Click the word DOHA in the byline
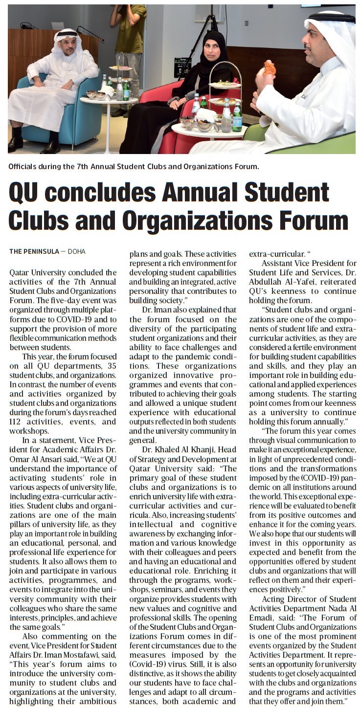point(76,252)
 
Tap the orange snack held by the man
point(270,68)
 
